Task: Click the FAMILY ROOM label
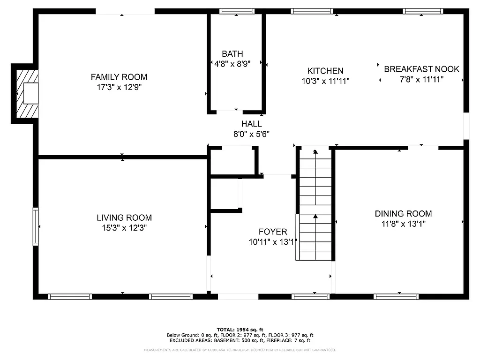[x=119, y=77]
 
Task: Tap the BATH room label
[x=232, y=54]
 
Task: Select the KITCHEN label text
[x=325, y=71]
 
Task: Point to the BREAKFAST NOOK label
[x=421, y=69]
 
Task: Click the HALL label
[x=251, y=124]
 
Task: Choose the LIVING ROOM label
[x=124, y=217]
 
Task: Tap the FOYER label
[x=273, y=232]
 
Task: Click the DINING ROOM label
[x=403, y=214]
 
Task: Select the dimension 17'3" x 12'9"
[x=119, y=87]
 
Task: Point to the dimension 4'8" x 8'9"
[x=232, y=64]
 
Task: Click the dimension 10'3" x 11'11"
[x=325, y=81]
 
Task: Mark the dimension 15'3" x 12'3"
[x=124, y=228]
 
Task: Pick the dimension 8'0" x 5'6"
[x=251, y=134]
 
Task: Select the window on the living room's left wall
[x=35, y=226]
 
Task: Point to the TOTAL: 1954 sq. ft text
[x=240, y=330]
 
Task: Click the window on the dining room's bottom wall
[x=396, y=296]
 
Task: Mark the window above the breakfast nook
[x=423, y=11]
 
